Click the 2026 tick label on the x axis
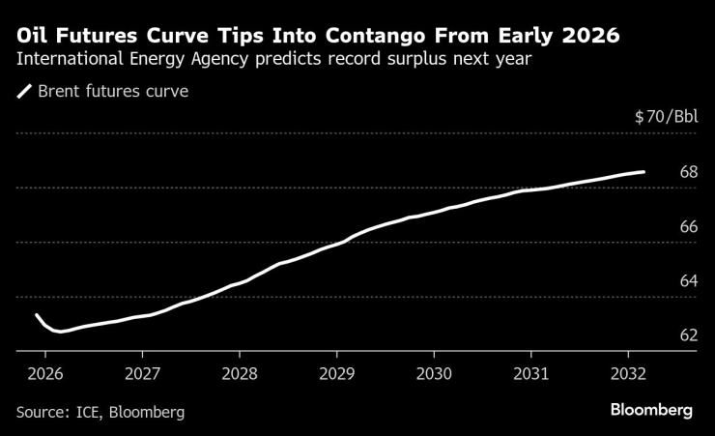point(44,373)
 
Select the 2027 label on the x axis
point(142,373)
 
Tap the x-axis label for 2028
point(240,373)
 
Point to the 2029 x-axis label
point(336,373)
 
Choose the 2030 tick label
point(434,373)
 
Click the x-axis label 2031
point(531,373)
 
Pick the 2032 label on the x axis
point(629,373)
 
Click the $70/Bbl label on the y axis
point(666,117)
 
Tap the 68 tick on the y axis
point(689,172)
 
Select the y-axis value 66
point(689,227)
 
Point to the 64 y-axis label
point(689,281)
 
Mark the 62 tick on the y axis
point(689,335)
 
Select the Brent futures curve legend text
point(112,93)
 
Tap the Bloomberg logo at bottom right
point(651,410)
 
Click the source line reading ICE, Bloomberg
point(100,412)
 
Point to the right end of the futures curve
point(643,171)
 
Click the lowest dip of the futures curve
point(60,332)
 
